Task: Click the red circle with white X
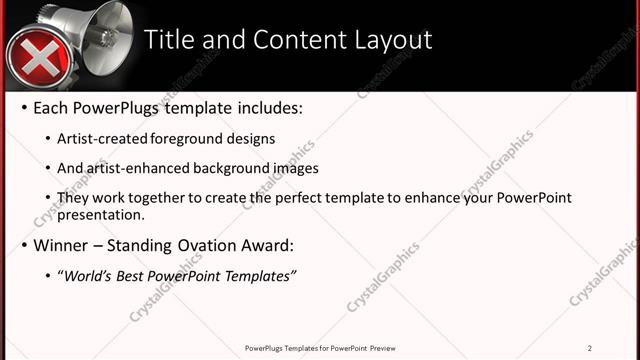37,58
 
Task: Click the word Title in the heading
171,40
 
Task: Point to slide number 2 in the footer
589,348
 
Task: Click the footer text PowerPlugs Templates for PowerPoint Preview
319,348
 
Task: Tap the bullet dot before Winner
24,245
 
